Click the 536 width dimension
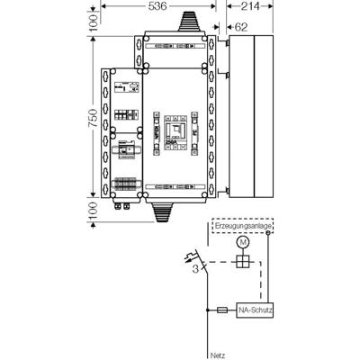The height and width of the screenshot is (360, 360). click(x=157, y=6)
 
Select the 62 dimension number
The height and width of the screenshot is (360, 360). click(x=241, y=27)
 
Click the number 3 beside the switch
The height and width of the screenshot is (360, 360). click(x=195, y=267)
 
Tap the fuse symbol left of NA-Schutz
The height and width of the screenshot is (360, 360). click(x=223, y=310)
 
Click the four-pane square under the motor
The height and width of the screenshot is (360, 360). click(x=240, y=264)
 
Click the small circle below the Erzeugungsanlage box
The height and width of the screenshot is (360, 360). click(x=268, y=237)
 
